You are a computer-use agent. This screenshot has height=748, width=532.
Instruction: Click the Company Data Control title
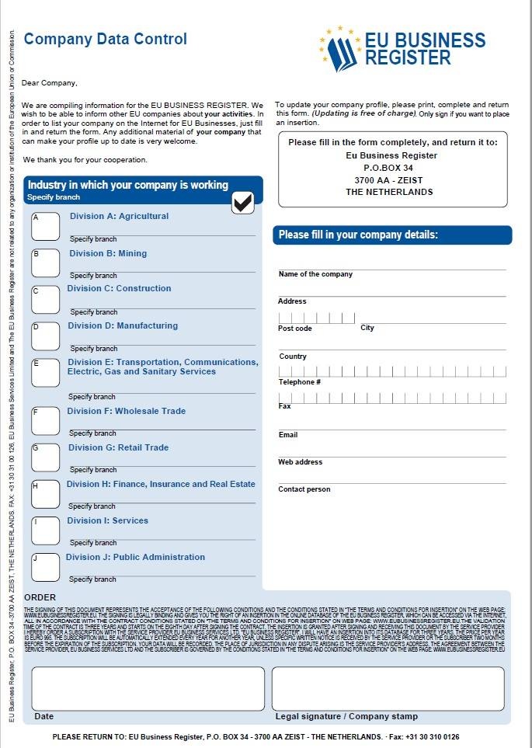tap(106, 39)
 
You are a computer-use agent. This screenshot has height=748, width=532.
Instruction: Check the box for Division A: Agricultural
tap(45, 226)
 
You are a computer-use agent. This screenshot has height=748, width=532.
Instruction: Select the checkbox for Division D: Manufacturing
tap(45, 336)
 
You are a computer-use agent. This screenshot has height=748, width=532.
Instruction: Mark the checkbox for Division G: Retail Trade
tap(45, 457)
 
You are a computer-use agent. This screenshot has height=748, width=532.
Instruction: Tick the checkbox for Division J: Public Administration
tap(45, 567)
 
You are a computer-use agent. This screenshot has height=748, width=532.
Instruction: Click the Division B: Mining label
tap(108, 253)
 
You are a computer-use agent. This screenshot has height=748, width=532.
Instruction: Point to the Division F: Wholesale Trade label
tap(126, 411)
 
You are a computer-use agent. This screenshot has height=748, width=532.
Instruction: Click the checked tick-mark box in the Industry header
tap(243, 202)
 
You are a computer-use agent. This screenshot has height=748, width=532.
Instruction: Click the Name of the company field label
tap(315, 274)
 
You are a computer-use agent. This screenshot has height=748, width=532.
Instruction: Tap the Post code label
tap(295, 328)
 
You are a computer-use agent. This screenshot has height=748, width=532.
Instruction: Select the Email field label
tap(288, 435)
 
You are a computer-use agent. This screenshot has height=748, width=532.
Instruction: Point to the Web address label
tap(301, 462)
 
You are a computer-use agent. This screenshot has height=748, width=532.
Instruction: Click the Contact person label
tap(304, 489)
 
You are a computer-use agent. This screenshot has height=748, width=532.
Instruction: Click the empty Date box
tap(148, 688)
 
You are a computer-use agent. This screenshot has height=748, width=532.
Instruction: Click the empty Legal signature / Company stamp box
tap(388, 688)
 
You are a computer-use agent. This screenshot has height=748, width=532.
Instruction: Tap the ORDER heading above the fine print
tap(40, 597)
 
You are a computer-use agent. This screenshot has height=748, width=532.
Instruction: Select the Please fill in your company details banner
tap(358, 235)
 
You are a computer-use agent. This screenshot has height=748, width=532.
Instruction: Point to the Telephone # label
tap(300, 382)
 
